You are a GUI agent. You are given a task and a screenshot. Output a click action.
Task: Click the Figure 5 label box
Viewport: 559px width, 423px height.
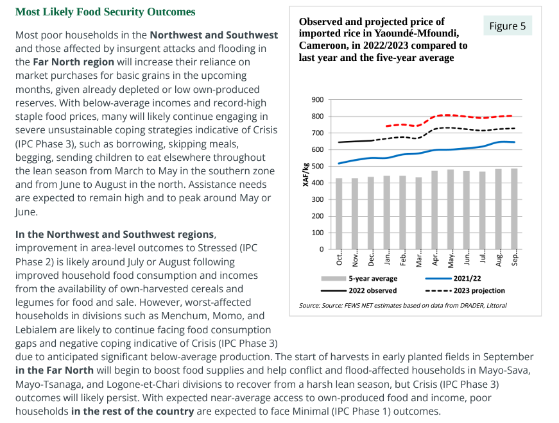pos(507,26)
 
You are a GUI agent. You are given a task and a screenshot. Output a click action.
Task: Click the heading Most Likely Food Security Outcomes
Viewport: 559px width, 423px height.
pos(105,12)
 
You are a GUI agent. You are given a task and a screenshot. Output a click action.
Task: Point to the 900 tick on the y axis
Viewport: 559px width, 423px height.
pos(317,100)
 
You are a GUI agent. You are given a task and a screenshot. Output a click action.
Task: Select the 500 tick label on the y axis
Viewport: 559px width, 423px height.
pos(317,167)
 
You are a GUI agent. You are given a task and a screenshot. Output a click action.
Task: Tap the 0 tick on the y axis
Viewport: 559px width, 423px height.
pos(321,249)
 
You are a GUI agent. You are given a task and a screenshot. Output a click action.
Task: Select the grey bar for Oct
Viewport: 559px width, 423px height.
pos(340,213)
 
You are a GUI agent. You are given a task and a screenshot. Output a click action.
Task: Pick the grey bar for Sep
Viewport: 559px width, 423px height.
pos(514,209)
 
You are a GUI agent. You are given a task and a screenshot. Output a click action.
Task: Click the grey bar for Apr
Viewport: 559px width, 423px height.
pos(435,210)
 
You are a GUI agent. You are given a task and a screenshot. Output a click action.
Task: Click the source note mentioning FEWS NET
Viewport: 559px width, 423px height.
pos(402,306)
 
